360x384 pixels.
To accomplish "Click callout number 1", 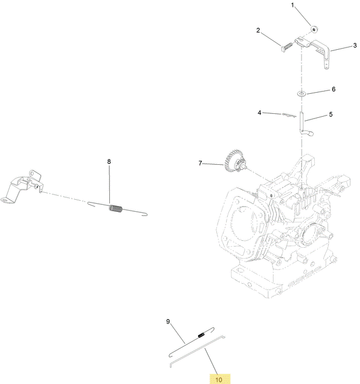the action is coord(292,5).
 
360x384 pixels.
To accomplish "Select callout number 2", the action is coord(258,30).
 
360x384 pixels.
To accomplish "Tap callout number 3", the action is coord(355,45).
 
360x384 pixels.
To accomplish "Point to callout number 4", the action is coord(259,113).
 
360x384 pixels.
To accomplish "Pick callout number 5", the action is coord(331,114).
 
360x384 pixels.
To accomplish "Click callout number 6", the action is coord(334,89).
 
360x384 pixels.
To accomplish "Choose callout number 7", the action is coord(200,163).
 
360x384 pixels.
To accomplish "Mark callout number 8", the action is coord(109,161).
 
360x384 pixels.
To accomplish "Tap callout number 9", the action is coord(168,322).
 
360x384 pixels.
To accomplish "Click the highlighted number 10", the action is coord(219,379).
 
